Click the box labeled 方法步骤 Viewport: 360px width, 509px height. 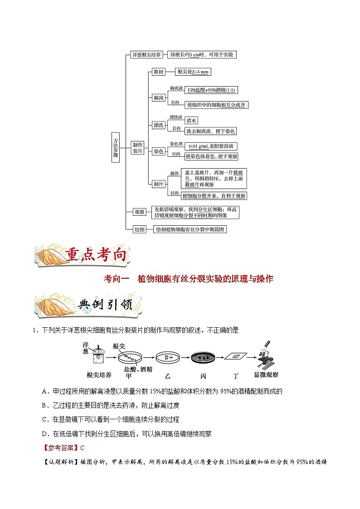(116, 148)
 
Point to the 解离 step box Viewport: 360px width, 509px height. (158, 97)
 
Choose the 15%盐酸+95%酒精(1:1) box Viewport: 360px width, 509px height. (211, 90)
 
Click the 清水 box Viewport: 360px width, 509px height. (191, 121)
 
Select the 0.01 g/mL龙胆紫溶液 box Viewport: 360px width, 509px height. (211, 146)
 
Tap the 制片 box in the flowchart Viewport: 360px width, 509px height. (158, 184)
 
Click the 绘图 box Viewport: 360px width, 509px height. (139, 229)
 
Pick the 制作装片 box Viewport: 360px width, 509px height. (137, 148)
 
